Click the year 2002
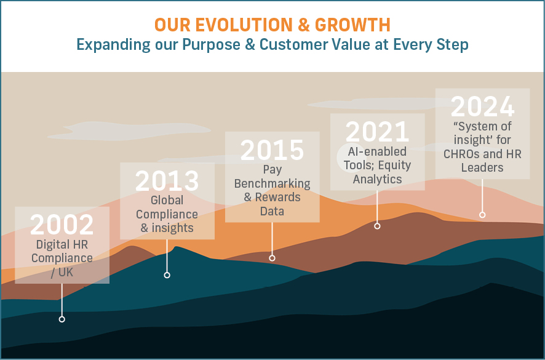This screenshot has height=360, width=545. pyautogui.click(x=62, y=225)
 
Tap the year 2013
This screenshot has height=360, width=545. pyautogui.click(x=167, y=181)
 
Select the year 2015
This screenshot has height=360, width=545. pyautogui.click(x=272, y=150)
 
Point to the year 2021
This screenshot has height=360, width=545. pyautogui.click(x=377, y=132)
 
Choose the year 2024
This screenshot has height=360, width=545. pyautogui.click(x=482, y=107)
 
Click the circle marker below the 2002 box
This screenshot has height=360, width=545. pyautogui.click(x=62, y=319)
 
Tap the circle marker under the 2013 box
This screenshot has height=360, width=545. pyautogui.click(x=167, y=275)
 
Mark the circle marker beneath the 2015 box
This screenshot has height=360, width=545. pyautogui.click(x=272, y=258)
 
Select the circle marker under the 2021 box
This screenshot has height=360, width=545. pyautogui.click(x=377, y=226)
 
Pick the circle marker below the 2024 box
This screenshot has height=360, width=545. pyautogui.click(x=482, y=215)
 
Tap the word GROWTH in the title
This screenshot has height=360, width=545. pyautogui.click(x=352, y=25)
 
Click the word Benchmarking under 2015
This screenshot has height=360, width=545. pyautogui.click(x=272, y=183)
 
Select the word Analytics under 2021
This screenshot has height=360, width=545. pyautogui.click(x=378, y=179)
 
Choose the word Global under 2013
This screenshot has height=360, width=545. pyautogui.click(x=167, y=201)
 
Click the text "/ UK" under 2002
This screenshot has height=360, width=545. pyautogui.click(x=62, y=273)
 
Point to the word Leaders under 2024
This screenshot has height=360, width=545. pyautogui.click(x=482, y=167)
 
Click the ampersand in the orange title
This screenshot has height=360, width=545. pyautogui.click(x=304, y=25)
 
